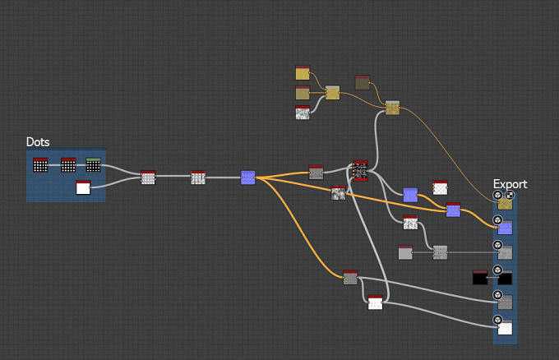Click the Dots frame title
(x=38, y=142)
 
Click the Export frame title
(x=510, y=184)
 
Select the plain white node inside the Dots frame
(x=83, y=187)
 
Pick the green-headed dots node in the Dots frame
(x=94, y=165)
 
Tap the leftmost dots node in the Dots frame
(x=40, y=165)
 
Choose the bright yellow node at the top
(x=303, y=72)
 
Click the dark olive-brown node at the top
(x=363, y=83)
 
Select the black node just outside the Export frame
(x=480, y=277)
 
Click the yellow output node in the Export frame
(x=505, y=203)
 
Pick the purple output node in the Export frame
(x=505, y=228)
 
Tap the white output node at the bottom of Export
(x=505, y=328)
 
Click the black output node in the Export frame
(x=505, y=277)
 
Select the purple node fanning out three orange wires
(x=247, y=178)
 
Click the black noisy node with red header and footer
(x=360, y=171)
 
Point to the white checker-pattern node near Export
(x=440, y=187)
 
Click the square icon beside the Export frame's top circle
(x=510, y=195)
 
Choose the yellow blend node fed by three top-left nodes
(x=333, y=93)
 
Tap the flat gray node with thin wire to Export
(x=405, y=252)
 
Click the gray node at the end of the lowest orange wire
(x=350, y=277)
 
